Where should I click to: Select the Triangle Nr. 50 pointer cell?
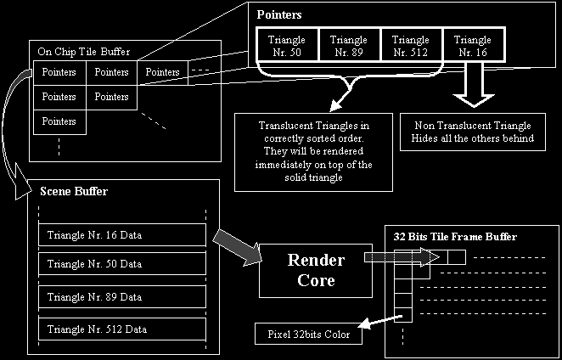[284, 46]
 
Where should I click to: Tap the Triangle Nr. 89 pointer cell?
[348, 46]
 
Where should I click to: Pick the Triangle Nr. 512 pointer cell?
[412, 46]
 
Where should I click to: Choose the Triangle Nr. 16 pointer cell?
[472, 46]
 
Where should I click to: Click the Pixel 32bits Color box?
[307, 335]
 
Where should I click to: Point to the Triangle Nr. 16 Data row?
[121, 235]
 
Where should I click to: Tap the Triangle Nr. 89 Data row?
[121, 296]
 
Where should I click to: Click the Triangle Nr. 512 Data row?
[121, 328]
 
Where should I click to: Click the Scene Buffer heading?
[74, 192]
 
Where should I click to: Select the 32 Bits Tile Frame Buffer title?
[455, 235]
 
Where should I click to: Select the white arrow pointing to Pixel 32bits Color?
[376, 322]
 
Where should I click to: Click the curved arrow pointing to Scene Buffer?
[19, 127]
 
